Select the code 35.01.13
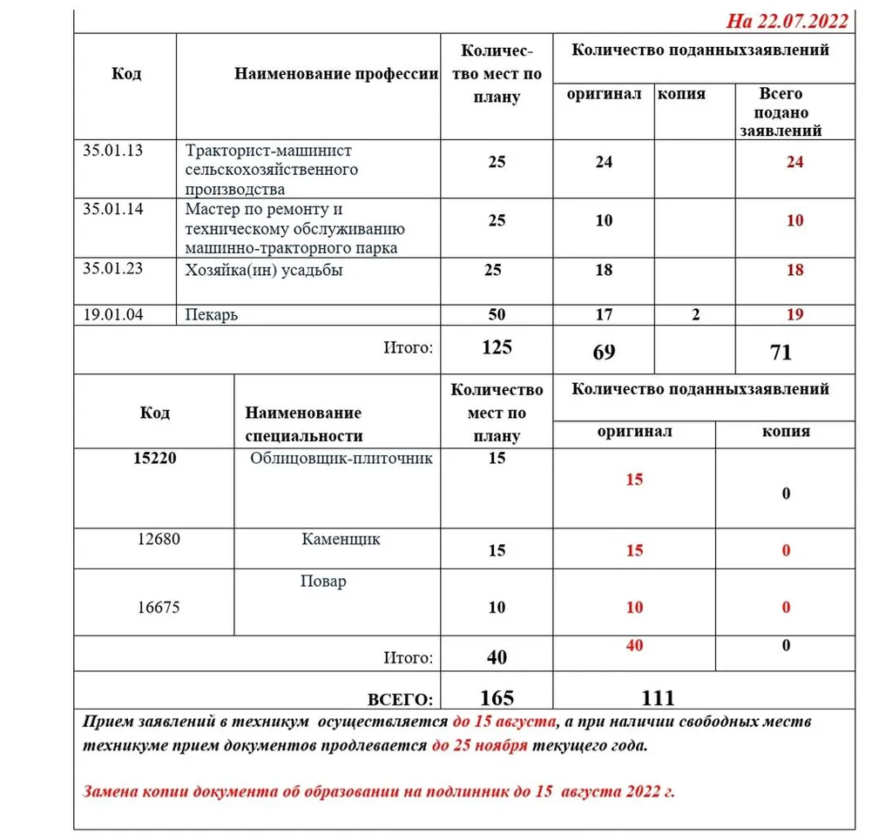tap(112, 150)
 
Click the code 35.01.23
tap(112, 269)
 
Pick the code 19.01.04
tap(112, 314)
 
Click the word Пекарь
tap(212, 314)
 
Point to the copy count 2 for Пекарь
tap(695, 314)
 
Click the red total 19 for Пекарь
tap(794, 314)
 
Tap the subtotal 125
tap(497, 347)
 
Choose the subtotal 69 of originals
tap(604, 352)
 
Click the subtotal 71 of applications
tap(780, 352)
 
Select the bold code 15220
tap(154, 458)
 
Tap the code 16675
tap(159, 607)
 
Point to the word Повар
tap(323, 581)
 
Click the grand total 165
tap(497, 697)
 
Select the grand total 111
tap(658, 697)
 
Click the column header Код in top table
tap(126, 73)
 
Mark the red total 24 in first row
tap(794, 162)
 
